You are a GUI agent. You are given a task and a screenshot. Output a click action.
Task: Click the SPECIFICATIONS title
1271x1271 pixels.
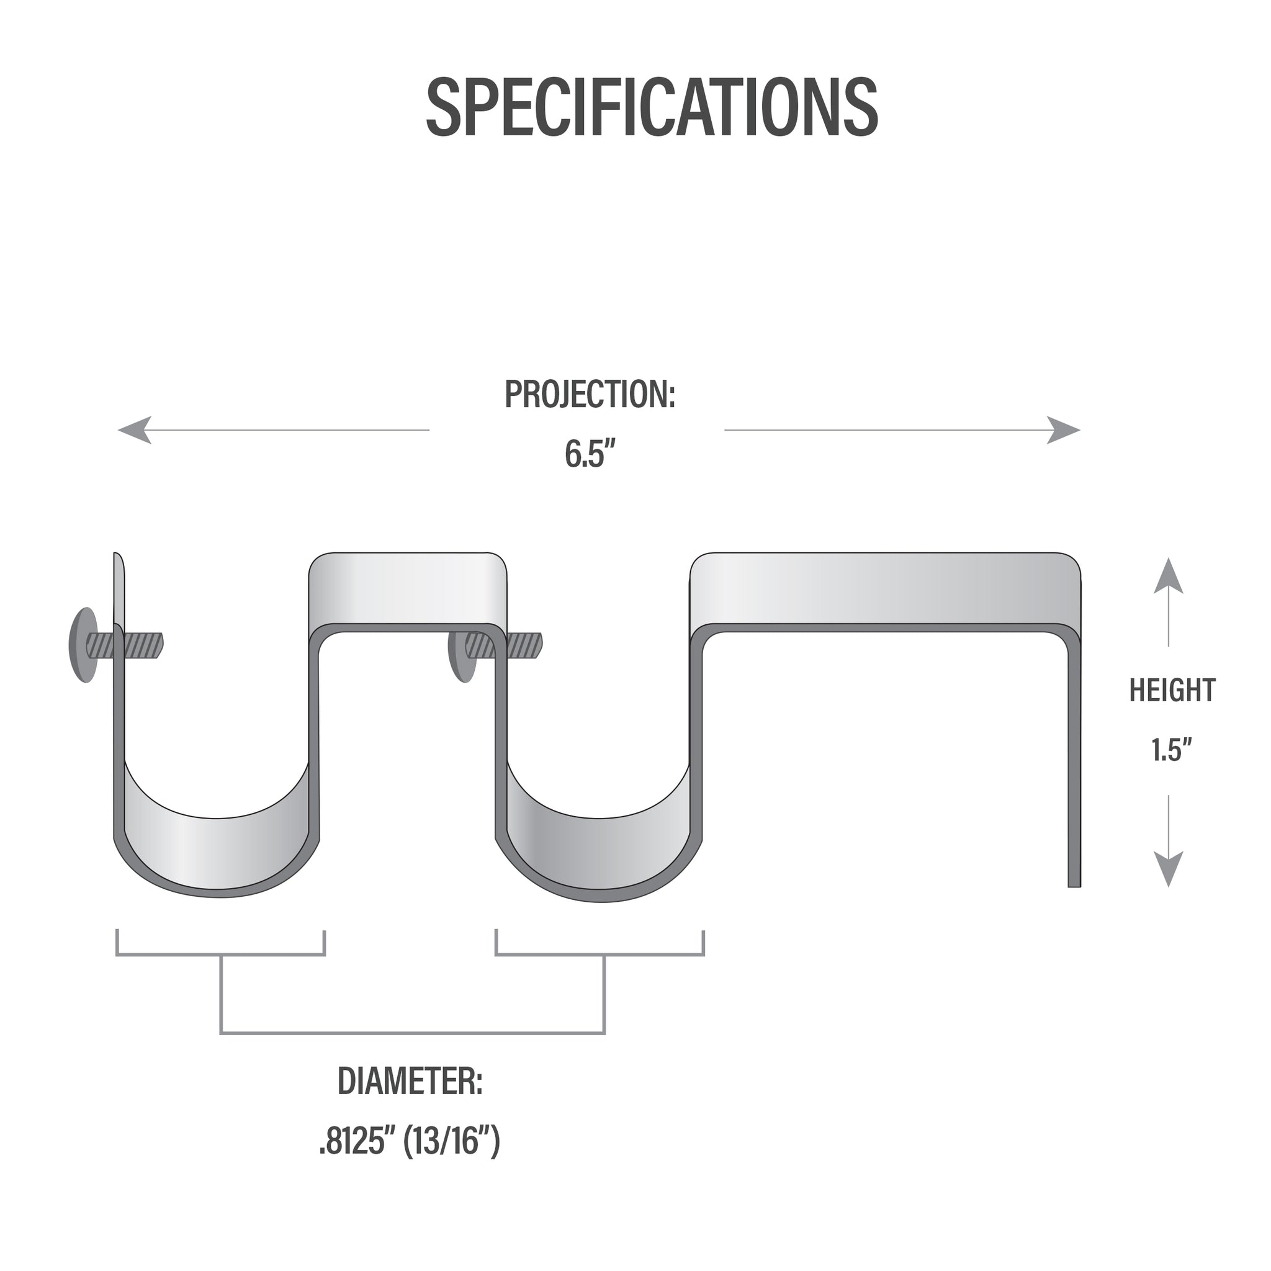click(x=652, y=107)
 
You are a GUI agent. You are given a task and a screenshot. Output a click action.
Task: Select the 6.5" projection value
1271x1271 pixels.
click(x=591, y=453)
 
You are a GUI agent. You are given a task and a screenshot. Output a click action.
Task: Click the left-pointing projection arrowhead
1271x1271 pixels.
click(x=135, y=430)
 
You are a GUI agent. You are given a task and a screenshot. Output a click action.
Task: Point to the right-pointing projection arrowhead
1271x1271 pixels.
click(x=1063, y=430)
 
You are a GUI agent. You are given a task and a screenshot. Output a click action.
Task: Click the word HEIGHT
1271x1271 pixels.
click(x=1172, y=691)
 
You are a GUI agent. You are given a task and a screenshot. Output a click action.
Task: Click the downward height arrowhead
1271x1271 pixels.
click(x=1169, y=869)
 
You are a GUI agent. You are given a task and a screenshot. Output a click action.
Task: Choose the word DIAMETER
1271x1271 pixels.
click(x=410, y=1082)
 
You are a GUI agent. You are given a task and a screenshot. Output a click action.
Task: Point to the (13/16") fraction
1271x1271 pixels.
click(x=452, y=1141)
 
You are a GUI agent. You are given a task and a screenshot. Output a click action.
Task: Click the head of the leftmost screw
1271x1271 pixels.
click(x=83, y=645)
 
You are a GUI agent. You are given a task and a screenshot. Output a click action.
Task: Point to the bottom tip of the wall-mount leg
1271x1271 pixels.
click(x=1074, y=887)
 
